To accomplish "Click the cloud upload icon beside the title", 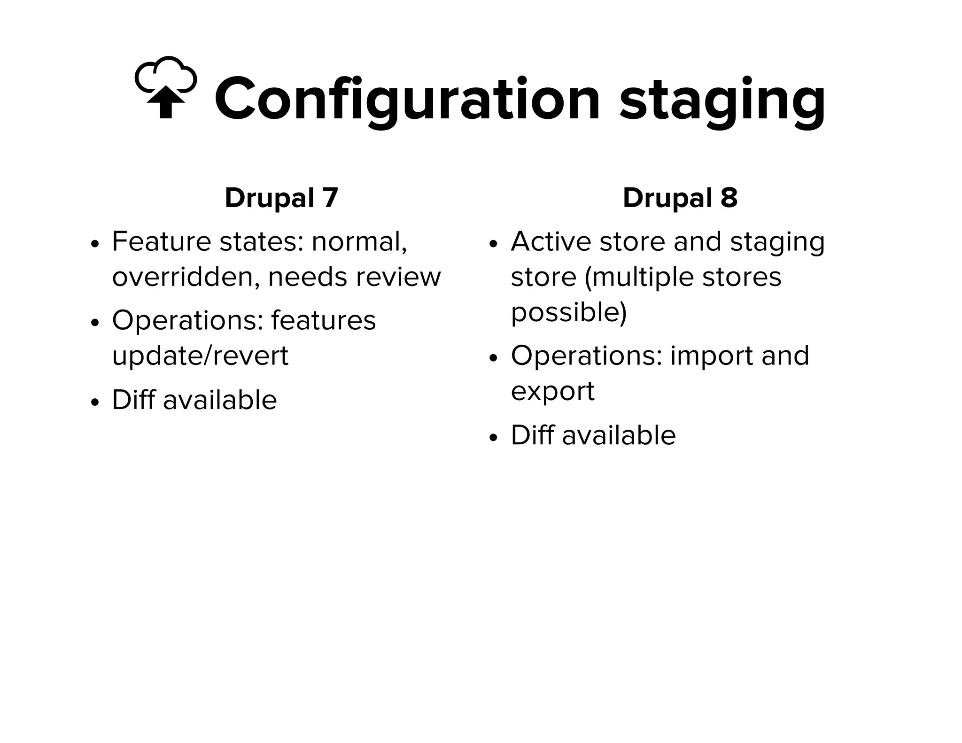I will pos(165,88).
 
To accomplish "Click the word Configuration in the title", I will pos(407,100).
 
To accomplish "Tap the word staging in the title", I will pos(722,101).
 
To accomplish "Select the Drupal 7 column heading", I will pos(281,198).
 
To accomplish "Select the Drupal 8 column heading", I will pos(680,198).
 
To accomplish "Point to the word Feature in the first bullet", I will pos(161,241).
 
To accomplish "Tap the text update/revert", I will pos(200,356).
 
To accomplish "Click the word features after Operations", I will pos(323,320).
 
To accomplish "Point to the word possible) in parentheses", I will pos(569,312).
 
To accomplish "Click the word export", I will pos(552,391).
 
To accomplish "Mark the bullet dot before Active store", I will pos(493,244).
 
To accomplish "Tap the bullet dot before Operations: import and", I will pos(493,358).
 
